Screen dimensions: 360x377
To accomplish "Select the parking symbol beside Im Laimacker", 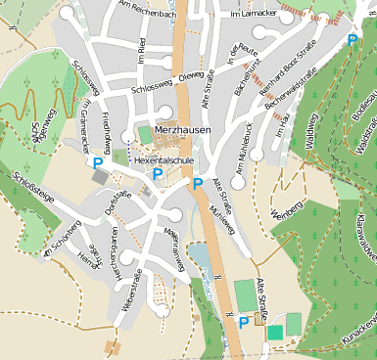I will point(353,40).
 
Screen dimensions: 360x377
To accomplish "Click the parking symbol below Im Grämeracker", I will point(97,164).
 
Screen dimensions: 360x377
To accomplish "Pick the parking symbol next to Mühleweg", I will point(198,183).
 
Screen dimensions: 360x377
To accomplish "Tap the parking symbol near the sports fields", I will point(244,322).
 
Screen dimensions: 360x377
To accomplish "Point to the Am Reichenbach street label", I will point(146,9).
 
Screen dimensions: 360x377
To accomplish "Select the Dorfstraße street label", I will point(118,202).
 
